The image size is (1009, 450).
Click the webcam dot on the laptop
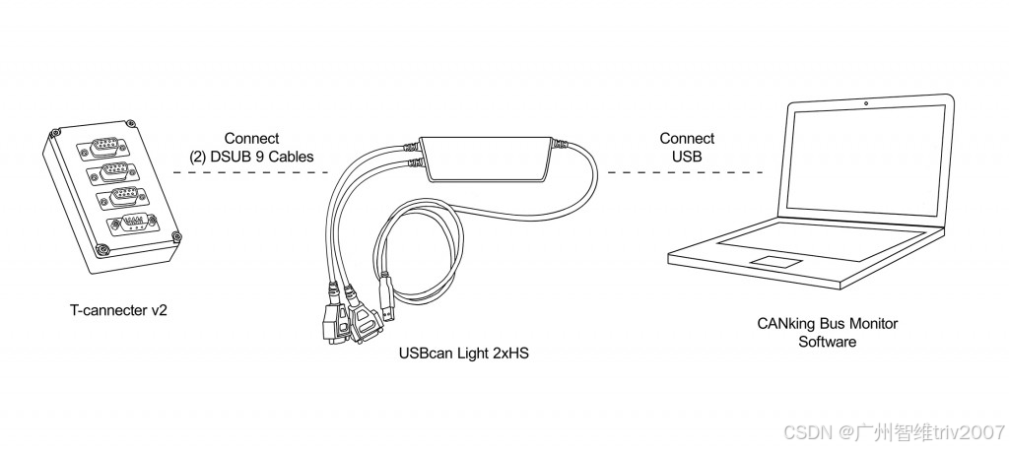coord(865,102)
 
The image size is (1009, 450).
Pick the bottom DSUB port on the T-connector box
coord(132,225)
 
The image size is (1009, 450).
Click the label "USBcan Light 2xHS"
coord(463,353)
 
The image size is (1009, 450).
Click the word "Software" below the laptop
coord(828,342)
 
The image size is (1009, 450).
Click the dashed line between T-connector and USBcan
coord(251,172)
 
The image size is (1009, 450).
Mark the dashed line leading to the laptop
coord(685,172)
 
